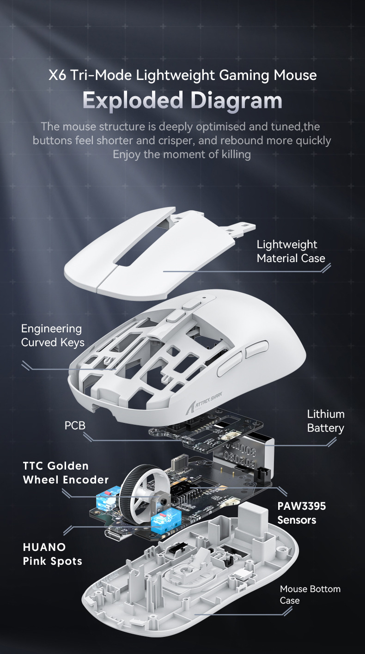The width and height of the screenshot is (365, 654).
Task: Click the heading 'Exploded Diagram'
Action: pos(182,100)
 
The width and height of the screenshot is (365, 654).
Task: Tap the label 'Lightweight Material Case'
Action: pos(291,251)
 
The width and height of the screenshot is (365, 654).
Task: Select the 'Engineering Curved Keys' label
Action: pos(53,336)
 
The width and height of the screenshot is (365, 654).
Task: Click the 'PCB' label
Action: pos(75,425)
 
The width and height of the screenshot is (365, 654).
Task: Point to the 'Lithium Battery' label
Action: pos(325,421)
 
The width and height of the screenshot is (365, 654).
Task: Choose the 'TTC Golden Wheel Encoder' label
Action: pos(66,473)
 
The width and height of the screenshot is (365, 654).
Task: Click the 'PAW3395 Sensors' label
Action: pos(301,513)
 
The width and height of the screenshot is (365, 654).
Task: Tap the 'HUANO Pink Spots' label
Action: pos(52,554)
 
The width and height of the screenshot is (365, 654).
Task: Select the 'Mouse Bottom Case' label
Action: pos(310,595)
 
